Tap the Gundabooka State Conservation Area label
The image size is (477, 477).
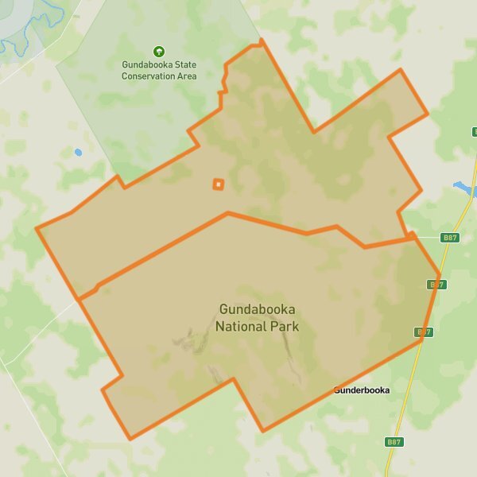[158, 70]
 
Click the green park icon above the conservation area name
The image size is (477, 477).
[158, 52]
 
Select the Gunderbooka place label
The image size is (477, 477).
[362, 390]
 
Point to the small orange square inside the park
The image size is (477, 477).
[218, 184]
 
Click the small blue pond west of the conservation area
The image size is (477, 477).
[78, 152]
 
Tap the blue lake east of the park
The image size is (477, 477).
[463, 188]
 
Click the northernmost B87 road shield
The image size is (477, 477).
[450, 238]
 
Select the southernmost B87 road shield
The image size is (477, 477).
[393, 441]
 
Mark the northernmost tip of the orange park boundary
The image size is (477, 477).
[261, 40]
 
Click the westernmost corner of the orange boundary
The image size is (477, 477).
[37, 229]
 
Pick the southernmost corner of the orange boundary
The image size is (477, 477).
[130, 438]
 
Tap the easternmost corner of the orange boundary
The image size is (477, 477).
[440, 276]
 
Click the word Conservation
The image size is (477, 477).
[149, 76]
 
